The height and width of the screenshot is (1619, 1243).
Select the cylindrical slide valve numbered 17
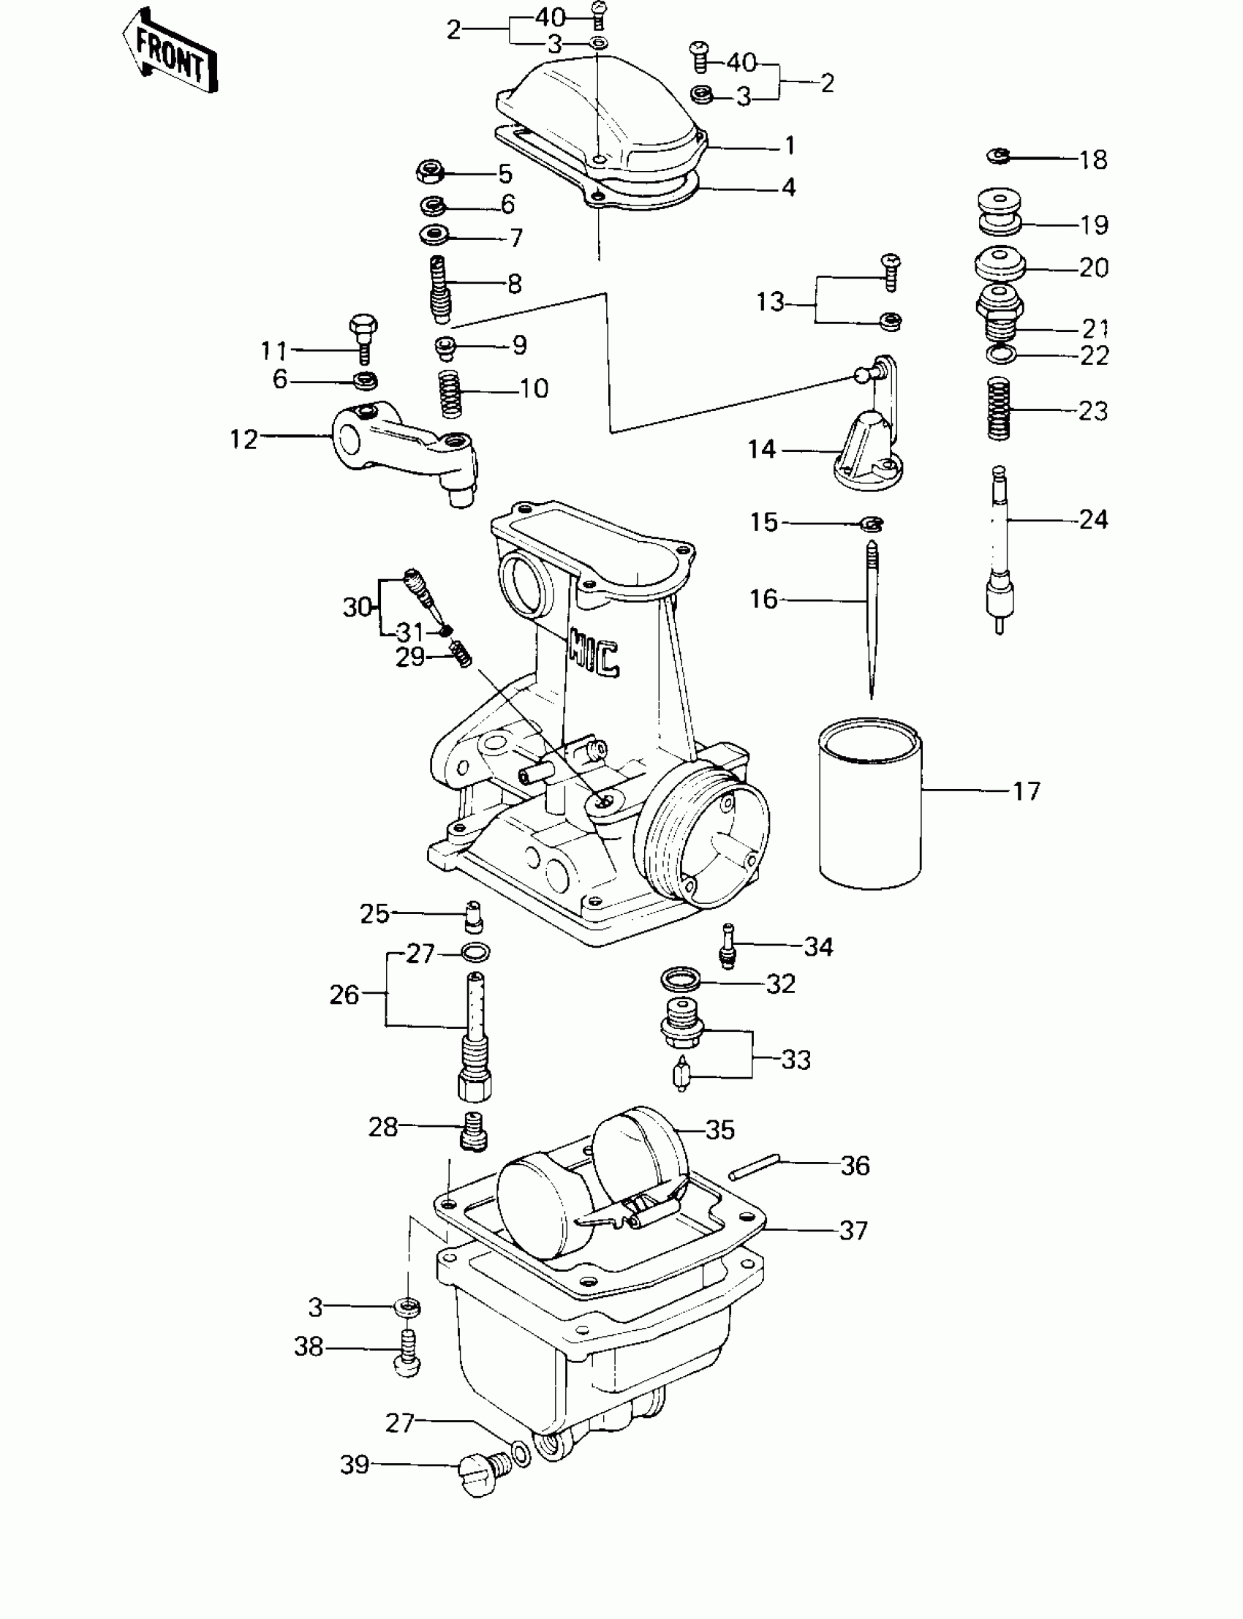coord(870,803)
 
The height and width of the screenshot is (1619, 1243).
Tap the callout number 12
coord(243,439)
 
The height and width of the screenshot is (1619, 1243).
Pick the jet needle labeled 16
coord(872,622)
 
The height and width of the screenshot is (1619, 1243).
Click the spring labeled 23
coord(999,410)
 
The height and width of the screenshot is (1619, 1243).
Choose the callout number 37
coord(853,1231)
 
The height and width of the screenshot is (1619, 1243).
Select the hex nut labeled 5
coord(430,173)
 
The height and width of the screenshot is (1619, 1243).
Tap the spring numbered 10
coord(451,393)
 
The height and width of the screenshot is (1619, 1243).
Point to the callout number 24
coord(1093,519)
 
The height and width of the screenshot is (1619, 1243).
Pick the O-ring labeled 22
coord(1000,355)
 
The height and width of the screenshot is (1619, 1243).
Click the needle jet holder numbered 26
coord(474,1036)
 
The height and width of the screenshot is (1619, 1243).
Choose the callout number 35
coord(719,1130)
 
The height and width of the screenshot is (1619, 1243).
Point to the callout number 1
coord(790,145)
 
